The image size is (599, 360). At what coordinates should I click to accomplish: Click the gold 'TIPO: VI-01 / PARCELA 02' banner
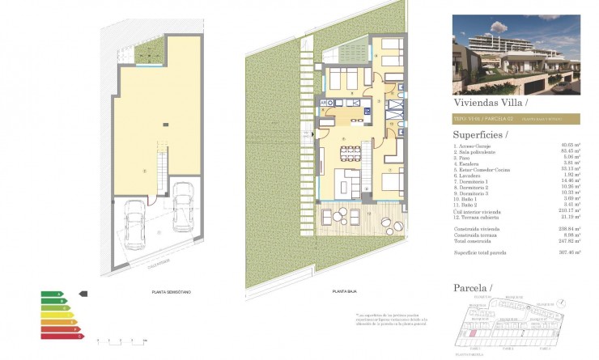pyautogui.click(x=521, y=118)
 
